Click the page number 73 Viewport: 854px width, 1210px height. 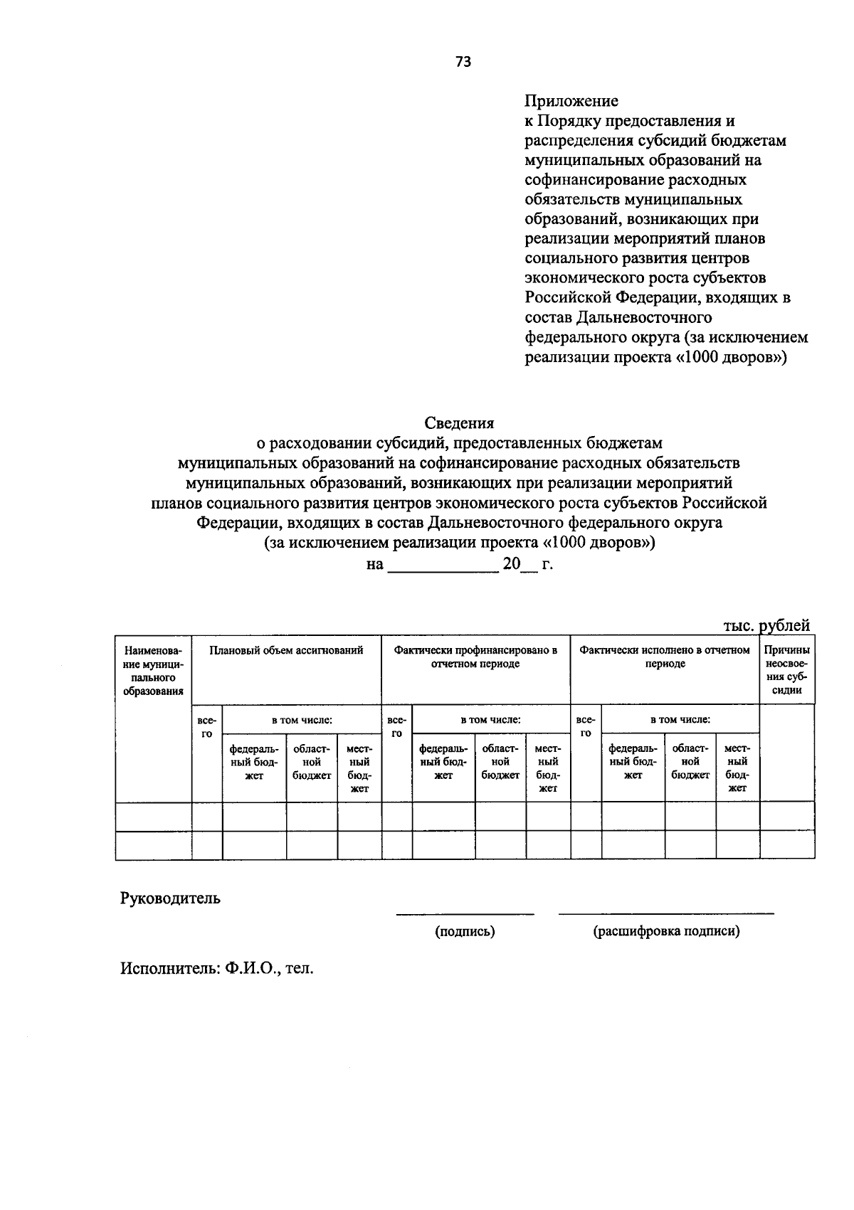463,62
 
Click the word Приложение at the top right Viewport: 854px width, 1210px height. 571,101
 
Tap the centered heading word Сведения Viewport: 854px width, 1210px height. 459,423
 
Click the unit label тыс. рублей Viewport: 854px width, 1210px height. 766,625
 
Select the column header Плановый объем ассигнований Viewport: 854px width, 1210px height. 286,650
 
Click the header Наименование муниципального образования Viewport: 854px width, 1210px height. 153,670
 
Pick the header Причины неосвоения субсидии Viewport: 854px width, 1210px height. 787,669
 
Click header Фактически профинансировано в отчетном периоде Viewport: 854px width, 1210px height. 475,657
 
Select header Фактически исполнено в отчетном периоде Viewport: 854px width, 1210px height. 665,657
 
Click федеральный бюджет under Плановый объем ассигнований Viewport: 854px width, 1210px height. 254,762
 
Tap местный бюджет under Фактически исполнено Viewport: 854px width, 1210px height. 737,768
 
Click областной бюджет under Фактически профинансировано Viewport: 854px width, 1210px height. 500,762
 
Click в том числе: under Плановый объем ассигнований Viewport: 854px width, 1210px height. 302,720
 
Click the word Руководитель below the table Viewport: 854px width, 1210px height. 170,898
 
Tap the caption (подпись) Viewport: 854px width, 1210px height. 465,931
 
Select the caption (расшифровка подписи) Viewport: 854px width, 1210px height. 666,931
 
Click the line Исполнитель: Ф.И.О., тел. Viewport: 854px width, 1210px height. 217,969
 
